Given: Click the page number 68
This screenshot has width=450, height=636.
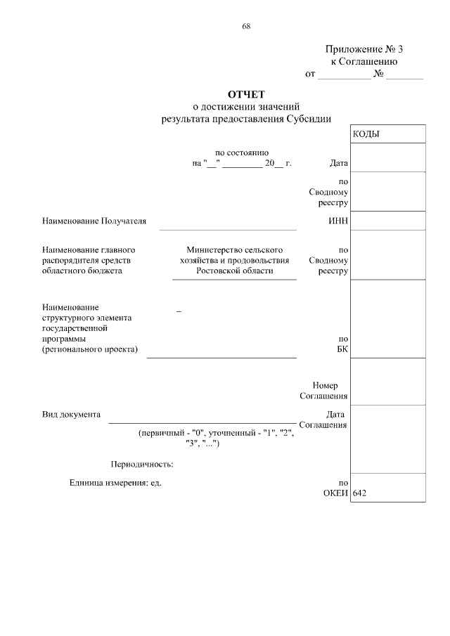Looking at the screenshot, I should (246, 26).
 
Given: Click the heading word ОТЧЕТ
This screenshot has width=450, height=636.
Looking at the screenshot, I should (245, 94).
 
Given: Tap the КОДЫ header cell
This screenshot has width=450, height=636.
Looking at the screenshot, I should (366, 134).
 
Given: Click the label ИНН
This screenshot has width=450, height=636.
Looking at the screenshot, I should (338, 221).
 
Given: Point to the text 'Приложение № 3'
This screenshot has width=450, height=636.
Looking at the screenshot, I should (364, 49).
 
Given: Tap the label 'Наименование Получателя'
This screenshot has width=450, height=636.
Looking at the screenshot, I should (94, 221).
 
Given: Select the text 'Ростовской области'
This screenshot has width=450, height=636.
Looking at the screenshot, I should (234, 271).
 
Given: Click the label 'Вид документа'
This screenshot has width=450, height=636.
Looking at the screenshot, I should (71, 414).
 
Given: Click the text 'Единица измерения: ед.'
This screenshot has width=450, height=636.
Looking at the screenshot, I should (115, 483).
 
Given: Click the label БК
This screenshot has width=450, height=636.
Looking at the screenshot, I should (342, 349).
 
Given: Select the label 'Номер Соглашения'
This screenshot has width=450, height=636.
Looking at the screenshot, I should (323, 391).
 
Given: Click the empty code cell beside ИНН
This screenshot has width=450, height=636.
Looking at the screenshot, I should (387, 221).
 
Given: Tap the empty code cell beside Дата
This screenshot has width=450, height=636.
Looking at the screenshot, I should (387, 157).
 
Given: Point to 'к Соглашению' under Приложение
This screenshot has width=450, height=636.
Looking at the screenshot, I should (364, 61).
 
